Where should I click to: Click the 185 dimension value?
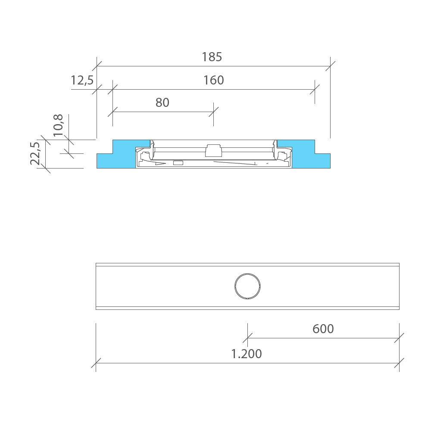coord(212,57)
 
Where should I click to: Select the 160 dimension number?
coord(214,80)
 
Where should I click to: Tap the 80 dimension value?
coord(162,103)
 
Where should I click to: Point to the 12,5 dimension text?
coord(82,80)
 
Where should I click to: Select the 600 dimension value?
coord(323,329)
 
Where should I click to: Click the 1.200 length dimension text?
coord(247,354)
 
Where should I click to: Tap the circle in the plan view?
coord(247,286)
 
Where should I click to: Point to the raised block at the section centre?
coord(214,150)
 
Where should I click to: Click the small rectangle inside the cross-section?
coord(178,163)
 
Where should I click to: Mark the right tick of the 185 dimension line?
coord(330,66)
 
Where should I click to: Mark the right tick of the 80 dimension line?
coord(214,112)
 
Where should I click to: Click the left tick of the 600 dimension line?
coord(247,338)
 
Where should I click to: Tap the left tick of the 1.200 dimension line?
coord(96,363)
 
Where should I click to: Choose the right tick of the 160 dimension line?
coord(315,90)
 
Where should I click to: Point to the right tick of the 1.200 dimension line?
coord(399,363)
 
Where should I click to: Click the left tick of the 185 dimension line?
coord(97,66)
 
